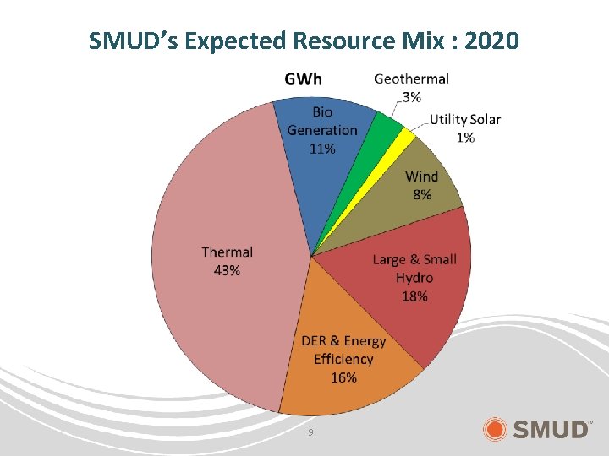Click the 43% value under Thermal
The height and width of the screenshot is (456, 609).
click(x=227, y=270)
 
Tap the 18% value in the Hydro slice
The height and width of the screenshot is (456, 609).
click(x=414, y=296)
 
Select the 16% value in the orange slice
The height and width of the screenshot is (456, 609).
click(x=343, y=377)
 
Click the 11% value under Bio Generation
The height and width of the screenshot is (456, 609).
click(x=322, y=149)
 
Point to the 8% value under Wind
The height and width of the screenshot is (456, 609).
click(x=421, y=194)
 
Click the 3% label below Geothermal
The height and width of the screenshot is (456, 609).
click(x=411, y=96)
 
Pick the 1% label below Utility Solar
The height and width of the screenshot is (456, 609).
click(x=465, y=137)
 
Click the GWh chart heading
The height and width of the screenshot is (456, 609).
click(x=303, y=79)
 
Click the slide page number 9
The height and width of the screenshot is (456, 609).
click(x=310, y=432)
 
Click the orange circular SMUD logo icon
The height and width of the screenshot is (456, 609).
click(x=496, y=429)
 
